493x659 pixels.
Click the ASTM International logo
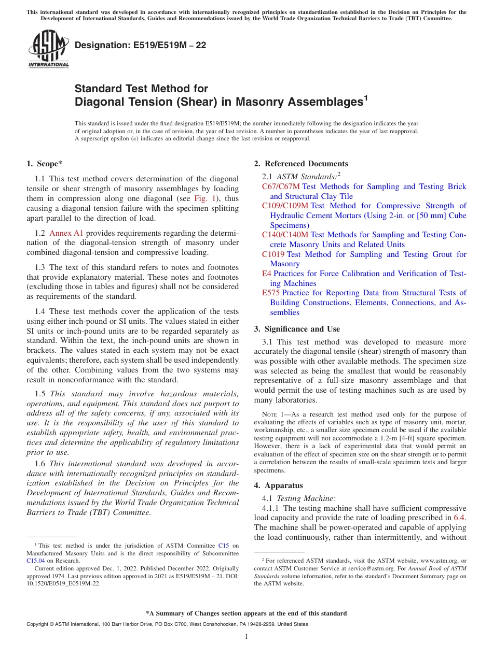point(48,49)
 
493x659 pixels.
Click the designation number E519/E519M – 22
point(140,45)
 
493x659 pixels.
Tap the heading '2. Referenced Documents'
point(301,164)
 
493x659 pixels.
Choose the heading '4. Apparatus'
point(278,485)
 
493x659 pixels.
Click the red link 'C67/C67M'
point(281,187)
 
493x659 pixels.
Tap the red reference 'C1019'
point(273,254)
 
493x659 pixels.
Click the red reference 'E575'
point(271,293)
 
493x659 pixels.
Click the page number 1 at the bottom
point(246,637)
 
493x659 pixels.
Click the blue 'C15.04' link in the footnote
point(35,560)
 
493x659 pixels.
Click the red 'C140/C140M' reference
point(285,235)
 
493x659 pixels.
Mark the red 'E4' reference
point(267,274)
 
